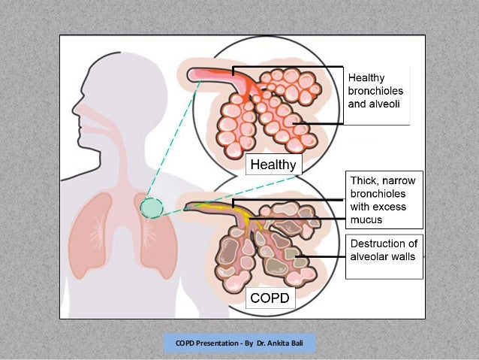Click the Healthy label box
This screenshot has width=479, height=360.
point(273,164)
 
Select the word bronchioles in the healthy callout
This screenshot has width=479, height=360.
point(375,89)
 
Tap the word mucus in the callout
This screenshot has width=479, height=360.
point(367,220)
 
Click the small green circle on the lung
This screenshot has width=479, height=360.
point(150,204)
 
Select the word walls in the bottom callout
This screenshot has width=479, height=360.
point(403,258)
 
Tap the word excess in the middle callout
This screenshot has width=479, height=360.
point(393,207)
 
